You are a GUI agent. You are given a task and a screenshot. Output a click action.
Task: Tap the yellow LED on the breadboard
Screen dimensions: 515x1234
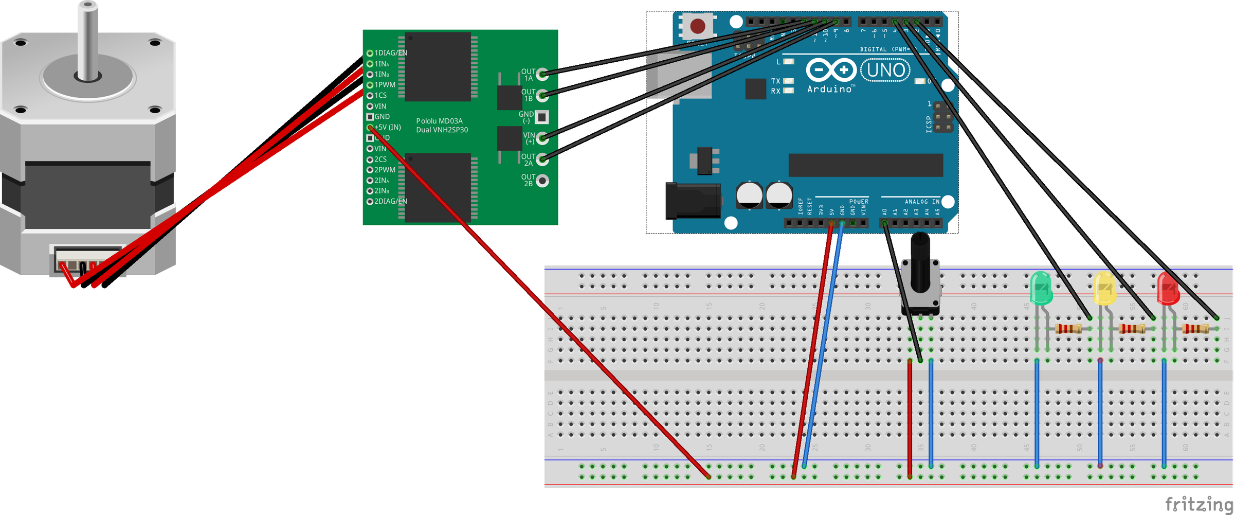(x=1104, y=289)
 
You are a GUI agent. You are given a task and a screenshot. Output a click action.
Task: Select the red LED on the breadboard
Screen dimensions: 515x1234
(x=1168, y=289)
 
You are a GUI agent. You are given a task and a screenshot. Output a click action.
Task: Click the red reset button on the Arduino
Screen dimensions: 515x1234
(x=697, y=26)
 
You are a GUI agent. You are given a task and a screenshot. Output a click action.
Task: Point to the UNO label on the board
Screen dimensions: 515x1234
(x=885, y=70)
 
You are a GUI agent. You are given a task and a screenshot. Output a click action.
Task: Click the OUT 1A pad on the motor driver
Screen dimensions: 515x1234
(x=542, y=75)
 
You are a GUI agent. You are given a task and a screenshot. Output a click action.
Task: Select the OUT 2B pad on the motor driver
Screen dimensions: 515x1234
(x=542, y=181)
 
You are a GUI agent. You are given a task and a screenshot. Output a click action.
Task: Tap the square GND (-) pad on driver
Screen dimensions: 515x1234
(x=542, y=117)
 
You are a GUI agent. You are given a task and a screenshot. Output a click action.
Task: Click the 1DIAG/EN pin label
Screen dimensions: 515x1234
(x=390, y=53)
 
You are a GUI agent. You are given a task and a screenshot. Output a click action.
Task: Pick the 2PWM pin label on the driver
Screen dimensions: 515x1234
(x=385, y=170)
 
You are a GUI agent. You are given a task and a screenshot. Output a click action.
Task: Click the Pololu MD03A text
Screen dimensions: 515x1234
(x=440, y=121)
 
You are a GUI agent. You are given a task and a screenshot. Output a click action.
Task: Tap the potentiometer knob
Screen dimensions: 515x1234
(x=920, y=262)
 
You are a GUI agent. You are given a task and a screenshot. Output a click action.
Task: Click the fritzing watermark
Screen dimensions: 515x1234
(x=1198, y=504)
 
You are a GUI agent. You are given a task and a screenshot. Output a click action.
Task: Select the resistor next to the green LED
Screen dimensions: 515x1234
(x=1068, y=329)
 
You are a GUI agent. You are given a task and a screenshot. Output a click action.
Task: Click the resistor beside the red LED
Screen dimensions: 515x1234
(x=1195, y=329)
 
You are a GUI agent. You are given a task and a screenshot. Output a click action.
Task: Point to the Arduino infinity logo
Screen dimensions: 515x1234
(x=830, y=69)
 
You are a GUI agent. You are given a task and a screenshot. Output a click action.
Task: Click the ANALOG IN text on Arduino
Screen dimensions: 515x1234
(x=922, y=202)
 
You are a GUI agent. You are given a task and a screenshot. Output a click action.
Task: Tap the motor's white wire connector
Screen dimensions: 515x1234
(x=88, y=260)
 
